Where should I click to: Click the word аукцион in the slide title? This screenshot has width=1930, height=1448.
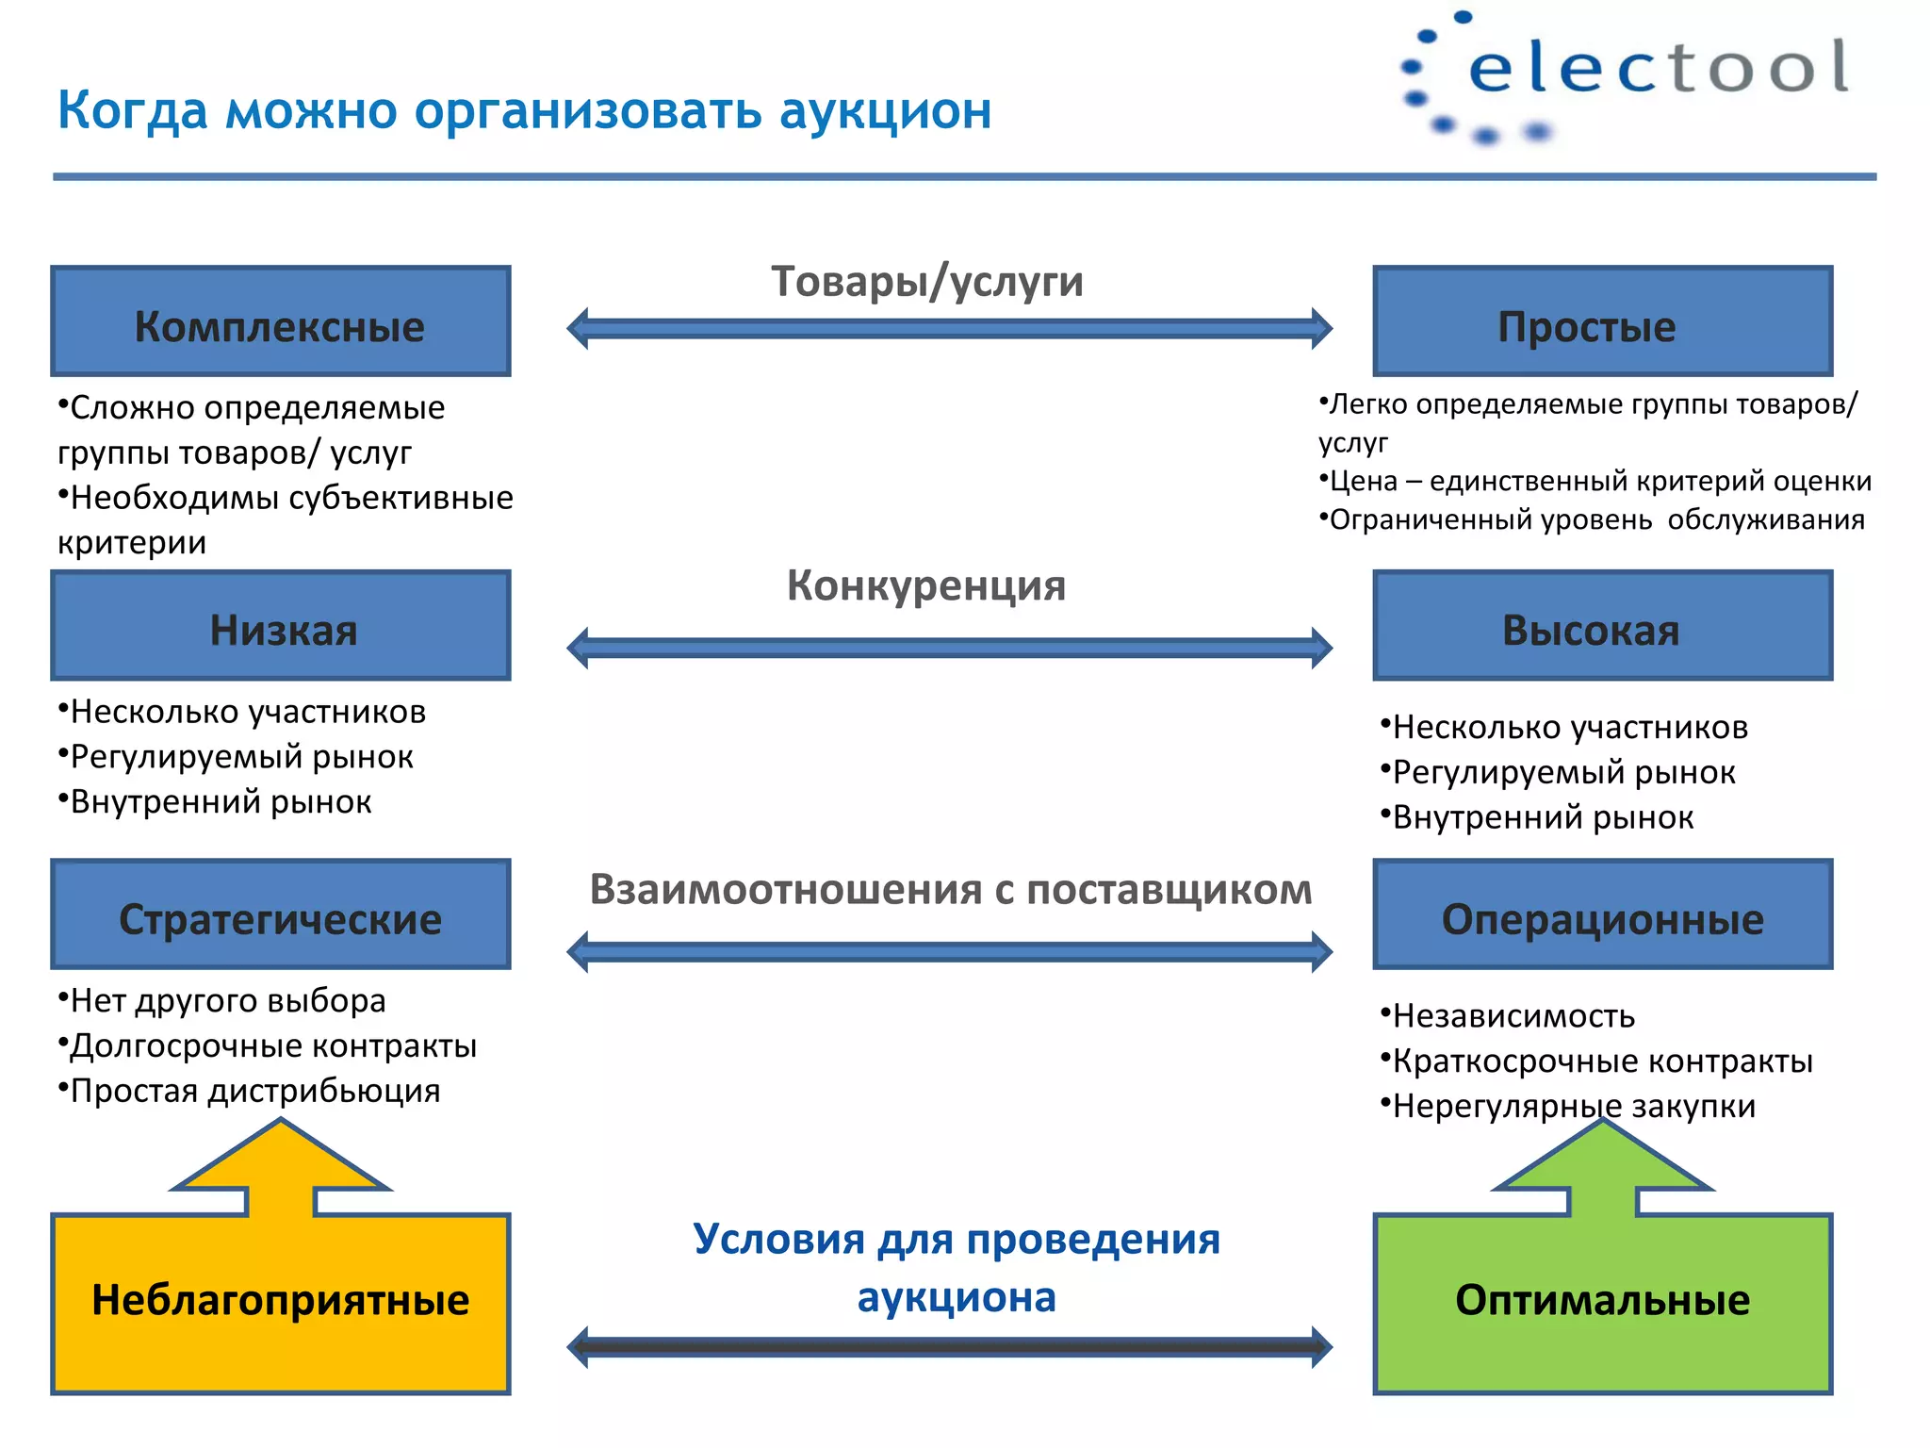click(x=885, y=111)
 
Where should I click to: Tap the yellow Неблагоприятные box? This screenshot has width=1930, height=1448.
click(x=280, y=1302)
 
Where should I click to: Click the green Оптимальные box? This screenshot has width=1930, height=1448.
click(x=1602, y=1302)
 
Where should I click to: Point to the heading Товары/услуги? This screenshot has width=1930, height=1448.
click(x=927, y=282)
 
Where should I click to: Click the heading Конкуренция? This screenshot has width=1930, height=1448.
click(x=926, y=586)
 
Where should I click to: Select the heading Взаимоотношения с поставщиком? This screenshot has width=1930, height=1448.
click(x=950, y=890)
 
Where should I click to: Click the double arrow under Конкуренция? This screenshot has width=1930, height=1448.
click(x=949, y=648)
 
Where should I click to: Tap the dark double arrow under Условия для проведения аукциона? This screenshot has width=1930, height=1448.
click(x=949, y=1347)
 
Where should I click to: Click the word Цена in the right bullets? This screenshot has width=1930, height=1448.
click(x=1364, y=482)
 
